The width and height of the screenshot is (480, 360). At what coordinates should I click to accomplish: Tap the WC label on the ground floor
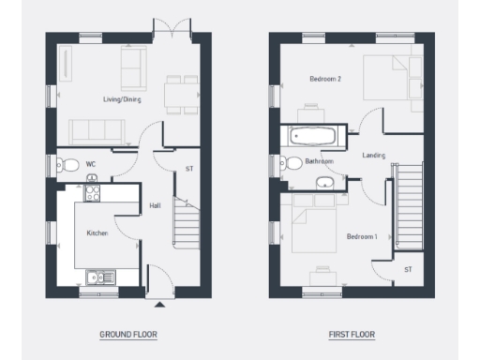tap(91, 164)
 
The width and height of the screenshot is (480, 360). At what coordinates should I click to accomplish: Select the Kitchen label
tap(98, 232)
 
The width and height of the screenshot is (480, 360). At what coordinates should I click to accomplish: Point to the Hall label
tap(155, 206)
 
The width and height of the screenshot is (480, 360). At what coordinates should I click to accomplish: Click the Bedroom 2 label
tap(324, 80)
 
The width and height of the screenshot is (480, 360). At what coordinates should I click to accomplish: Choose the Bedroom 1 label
tap(361, 236)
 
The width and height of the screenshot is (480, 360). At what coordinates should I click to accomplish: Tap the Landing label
tap(372, 156)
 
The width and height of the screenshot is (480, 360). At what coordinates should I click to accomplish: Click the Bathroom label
tap(319, 161)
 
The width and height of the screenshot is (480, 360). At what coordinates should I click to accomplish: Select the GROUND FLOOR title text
tap(128, 334)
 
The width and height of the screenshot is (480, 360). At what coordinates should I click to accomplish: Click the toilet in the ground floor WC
tap(67, 165)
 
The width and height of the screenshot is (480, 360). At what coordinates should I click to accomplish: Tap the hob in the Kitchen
tap(93, 194)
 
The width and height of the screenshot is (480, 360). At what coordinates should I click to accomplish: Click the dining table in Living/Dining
tap(175, 92)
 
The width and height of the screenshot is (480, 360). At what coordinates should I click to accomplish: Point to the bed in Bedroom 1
tap(312, 228)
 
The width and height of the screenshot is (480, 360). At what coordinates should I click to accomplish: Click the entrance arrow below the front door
tap(160, 305)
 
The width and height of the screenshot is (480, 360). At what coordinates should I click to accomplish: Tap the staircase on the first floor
tap(411, 206)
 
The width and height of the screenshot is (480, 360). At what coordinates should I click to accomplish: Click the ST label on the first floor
tap(408, 269)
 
